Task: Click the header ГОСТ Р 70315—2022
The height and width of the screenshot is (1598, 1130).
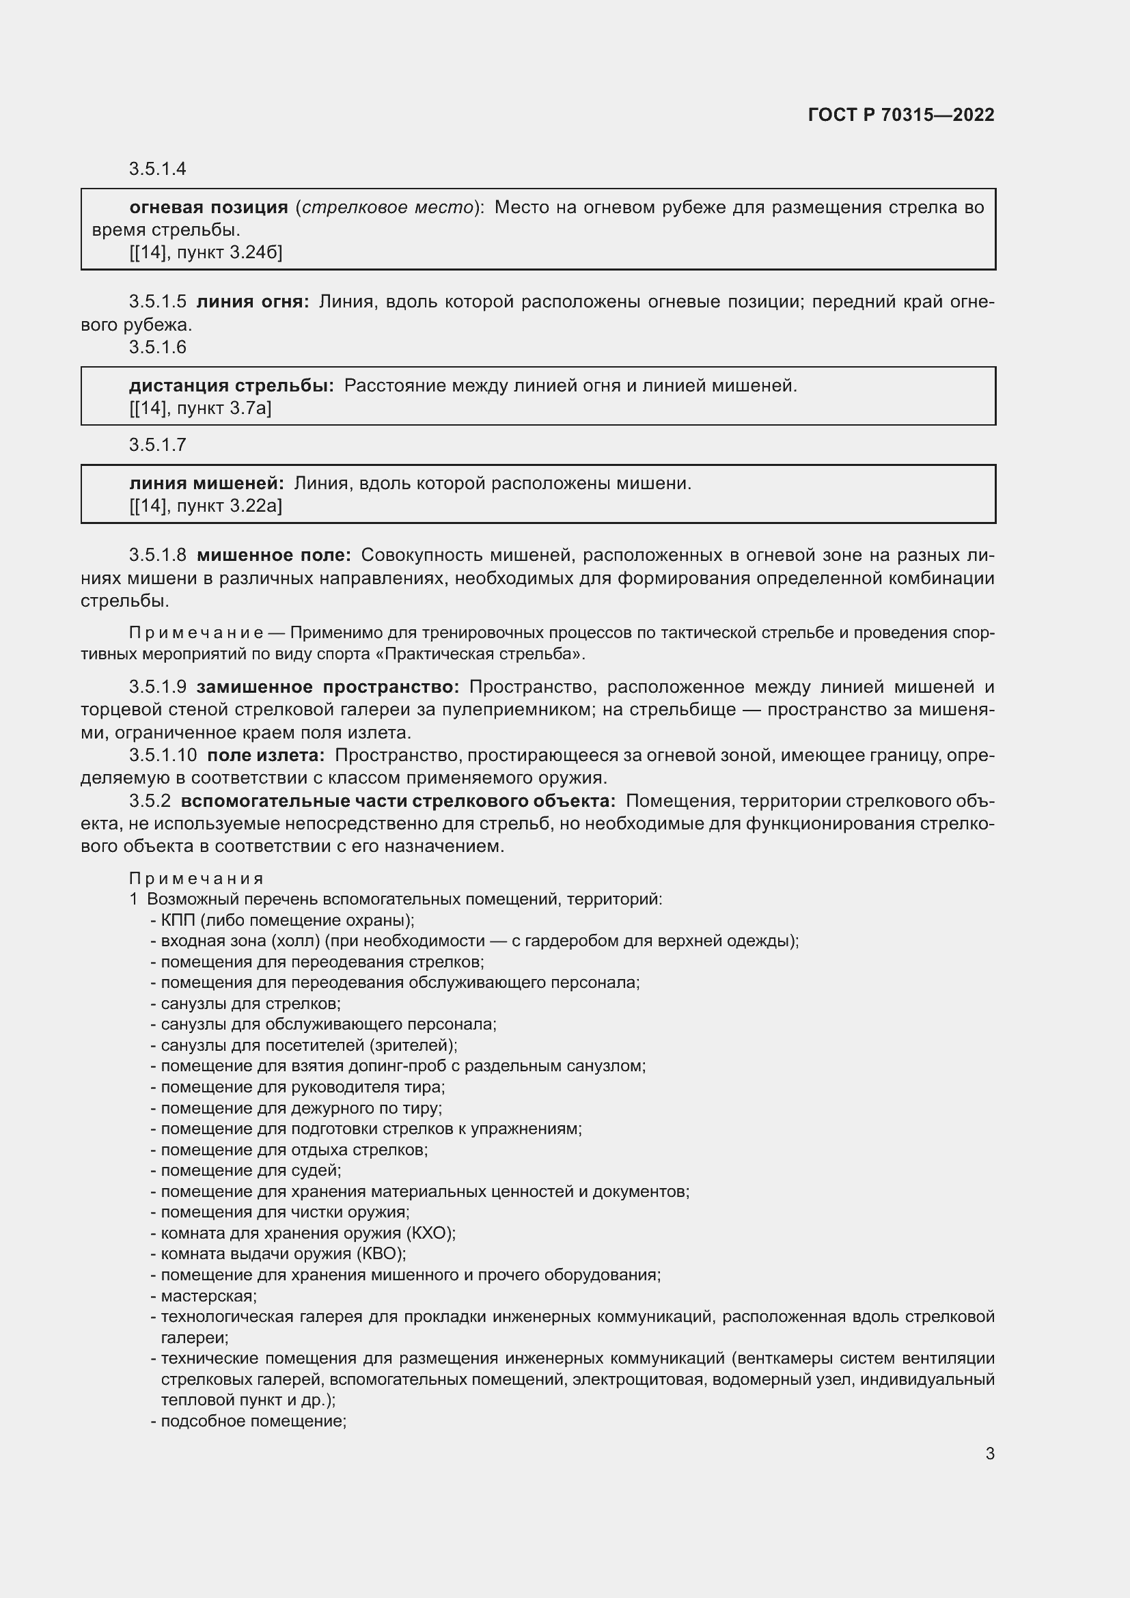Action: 901,115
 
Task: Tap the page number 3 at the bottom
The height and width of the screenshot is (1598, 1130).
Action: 989,1453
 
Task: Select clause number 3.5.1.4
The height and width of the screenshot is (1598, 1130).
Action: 157,169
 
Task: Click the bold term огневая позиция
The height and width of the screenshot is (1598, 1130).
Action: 209,208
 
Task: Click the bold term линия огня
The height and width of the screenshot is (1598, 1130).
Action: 253,301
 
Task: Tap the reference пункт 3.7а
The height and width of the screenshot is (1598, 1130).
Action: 223,408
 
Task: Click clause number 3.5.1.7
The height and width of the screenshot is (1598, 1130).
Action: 157,444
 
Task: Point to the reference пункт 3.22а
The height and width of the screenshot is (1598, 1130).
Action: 229,506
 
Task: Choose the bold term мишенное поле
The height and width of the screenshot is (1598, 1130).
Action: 274,555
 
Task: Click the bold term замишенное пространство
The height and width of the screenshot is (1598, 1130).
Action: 328,687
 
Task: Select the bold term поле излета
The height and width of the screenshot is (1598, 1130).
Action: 266,755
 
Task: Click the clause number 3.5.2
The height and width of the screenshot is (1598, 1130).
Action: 150,801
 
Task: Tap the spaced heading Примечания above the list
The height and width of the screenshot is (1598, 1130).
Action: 196,879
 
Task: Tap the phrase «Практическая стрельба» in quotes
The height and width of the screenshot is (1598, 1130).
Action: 484,655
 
